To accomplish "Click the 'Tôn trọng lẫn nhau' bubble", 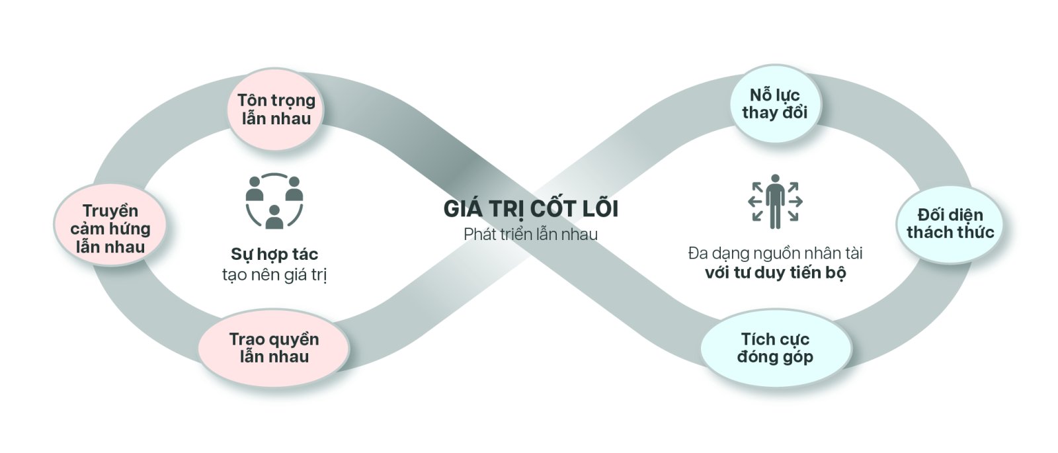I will (x=276, y=110).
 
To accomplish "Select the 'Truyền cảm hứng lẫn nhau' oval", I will (x=110, y=229).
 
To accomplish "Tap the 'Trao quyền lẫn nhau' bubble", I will (x=274, y=348).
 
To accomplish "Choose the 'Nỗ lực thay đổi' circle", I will (x=774, y=104).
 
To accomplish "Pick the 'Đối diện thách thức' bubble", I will (x=950, y=224).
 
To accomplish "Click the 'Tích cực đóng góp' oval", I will (x=775, y=348).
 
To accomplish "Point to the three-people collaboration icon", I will (x=274, y=201).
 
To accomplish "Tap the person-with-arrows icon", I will (x=775, y=201).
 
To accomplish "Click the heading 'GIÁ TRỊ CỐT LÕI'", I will (x=530, y=209).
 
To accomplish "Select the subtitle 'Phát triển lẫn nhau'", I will (x=530, y=234).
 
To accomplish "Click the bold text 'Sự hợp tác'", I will (x=274, y=255).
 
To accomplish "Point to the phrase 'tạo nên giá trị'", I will (x=274, y=274).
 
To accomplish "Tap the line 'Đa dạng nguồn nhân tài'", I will (x=775, y=253).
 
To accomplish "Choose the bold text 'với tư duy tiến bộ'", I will (x=775, y=272).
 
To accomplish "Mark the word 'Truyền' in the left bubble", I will (x=110, y=211).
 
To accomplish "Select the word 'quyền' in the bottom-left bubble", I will (x=293, y=340).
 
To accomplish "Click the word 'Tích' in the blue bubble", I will (x=756, y=339).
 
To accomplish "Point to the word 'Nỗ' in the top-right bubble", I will (x=761, y=95).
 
